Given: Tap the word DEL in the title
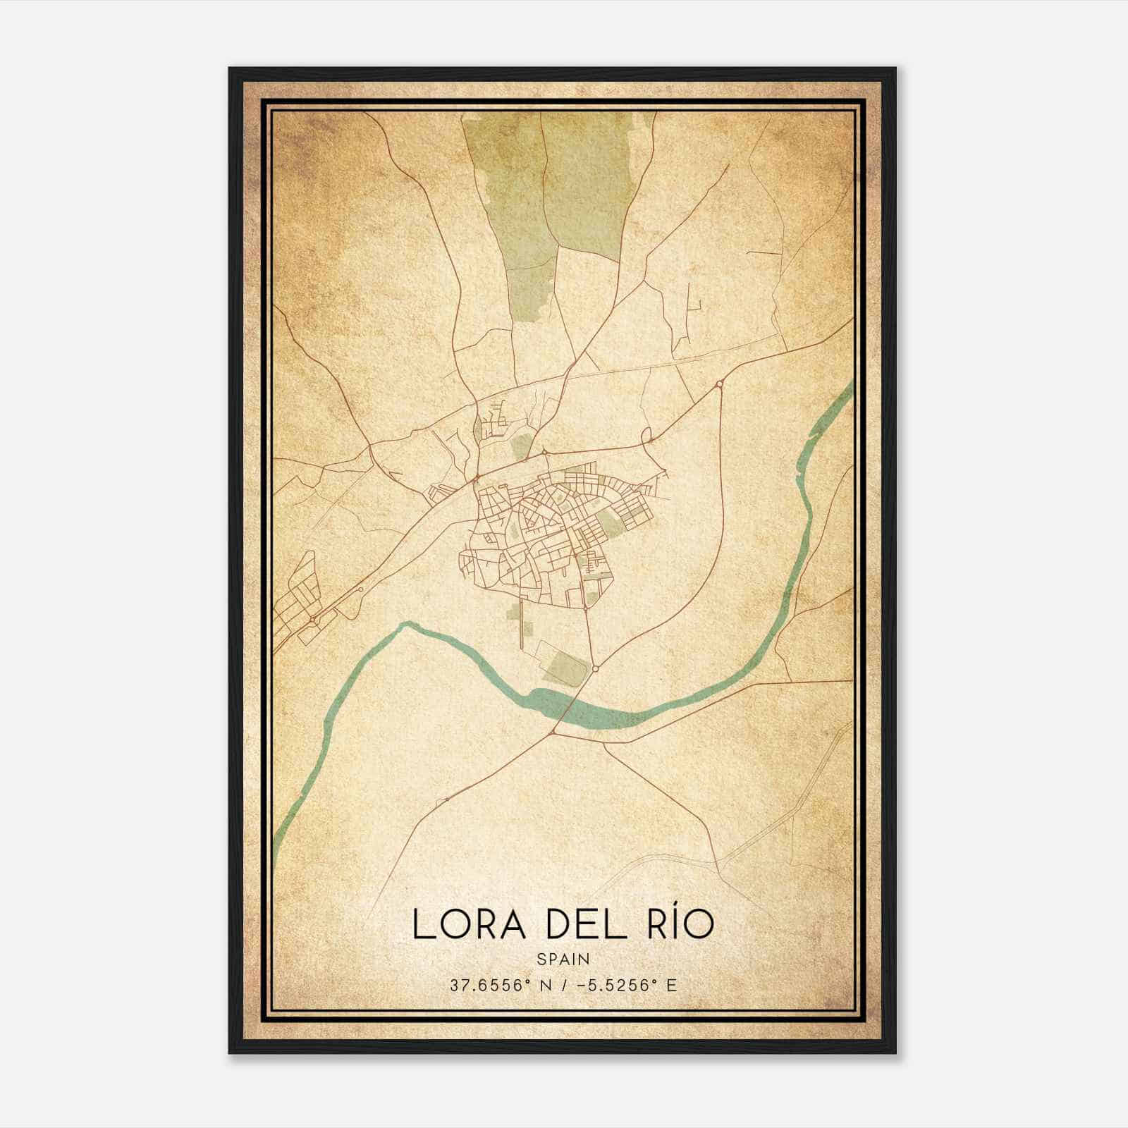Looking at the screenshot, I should [586, 925].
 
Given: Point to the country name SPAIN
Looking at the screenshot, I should [563, 960].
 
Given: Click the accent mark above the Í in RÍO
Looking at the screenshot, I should [675, 907].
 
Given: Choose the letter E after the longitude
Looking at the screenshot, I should [671, 986].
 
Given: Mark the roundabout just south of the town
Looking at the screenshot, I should [595, 668].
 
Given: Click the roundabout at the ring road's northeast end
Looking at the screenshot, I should [719, 384].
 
